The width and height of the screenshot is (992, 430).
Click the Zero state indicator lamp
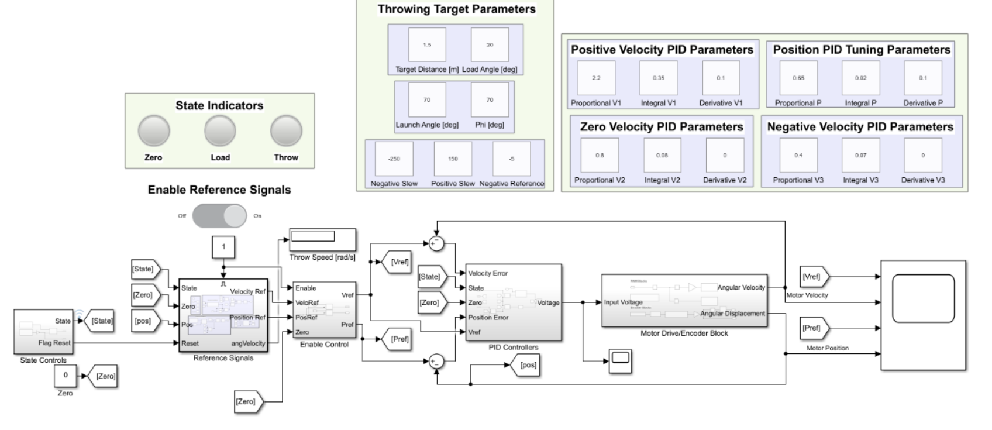click(x=154, y=131)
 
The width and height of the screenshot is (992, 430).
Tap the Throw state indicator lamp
click(x=286, y=131)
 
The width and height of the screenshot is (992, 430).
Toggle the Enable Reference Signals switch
click(x=220, y=216)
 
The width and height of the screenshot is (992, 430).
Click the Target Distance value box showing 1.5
click(x=427, y=45)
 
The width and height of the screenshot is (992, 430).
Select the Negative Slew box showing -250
click(x=394, y=159)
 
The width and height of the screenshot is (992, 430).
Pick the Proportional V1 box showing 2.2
click(x=596, y=78)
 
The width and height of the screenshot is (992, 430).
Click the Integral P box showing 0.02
click(x=860, y=78)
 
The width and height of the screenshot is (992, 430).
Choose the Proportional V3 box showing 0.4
click(x=798, y=155)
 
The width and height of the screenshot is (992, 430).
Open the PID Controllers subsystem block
click(x=513, y=302)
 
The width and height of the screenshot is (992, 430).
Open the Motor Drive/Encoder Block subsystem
click(x=684, y=301)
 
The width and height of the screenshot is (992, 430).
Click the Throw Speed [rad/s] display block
click(x=322, y=239)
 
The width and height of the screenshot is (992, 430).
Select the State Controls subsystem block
click(x=43, y=332)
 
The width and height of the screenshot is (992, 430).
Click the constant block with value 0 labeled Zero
click(x=66, y=376)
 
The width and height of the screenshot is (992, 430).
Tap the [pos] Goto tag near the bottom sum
click(x=528, y=365)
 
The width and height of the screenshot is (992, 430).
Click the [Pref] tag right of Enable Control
click(x=399, y=339)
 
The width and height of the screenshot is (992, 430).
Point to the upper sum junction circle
click(x=436, y=244)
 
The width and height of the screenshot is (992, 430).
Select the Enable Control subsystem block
click(x=324, y=310)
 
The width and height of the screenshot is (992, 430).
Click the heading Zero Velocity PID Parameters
click(x=661, y=127)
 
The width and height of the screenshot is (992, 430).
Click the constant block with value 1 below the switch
click(x=223, y=247)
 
